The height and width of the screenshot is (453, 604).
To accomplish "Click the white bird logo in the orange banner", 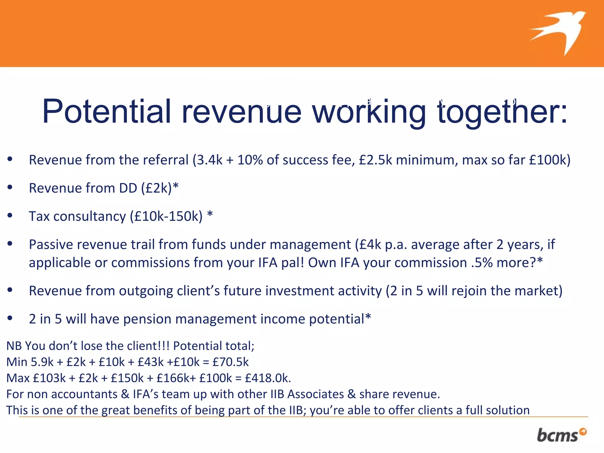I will click(559, 32).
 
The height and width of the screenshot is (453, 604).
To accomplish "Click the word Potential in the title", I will click(106, 111).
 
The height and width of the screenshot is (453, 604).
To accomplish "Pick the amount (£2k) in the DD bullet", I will click(157, 188).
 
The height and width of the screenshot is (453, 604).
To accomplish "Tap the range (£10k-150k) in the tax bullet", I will click(166, 216).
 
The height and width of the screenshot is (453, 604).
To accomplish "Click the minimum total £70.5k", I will click(230, 362).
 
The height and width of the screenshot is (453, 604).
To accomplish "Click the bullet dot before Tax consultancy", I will click(10, 216).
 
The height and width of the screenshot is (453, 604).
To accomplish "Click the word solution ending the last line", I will click(508, 410).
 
